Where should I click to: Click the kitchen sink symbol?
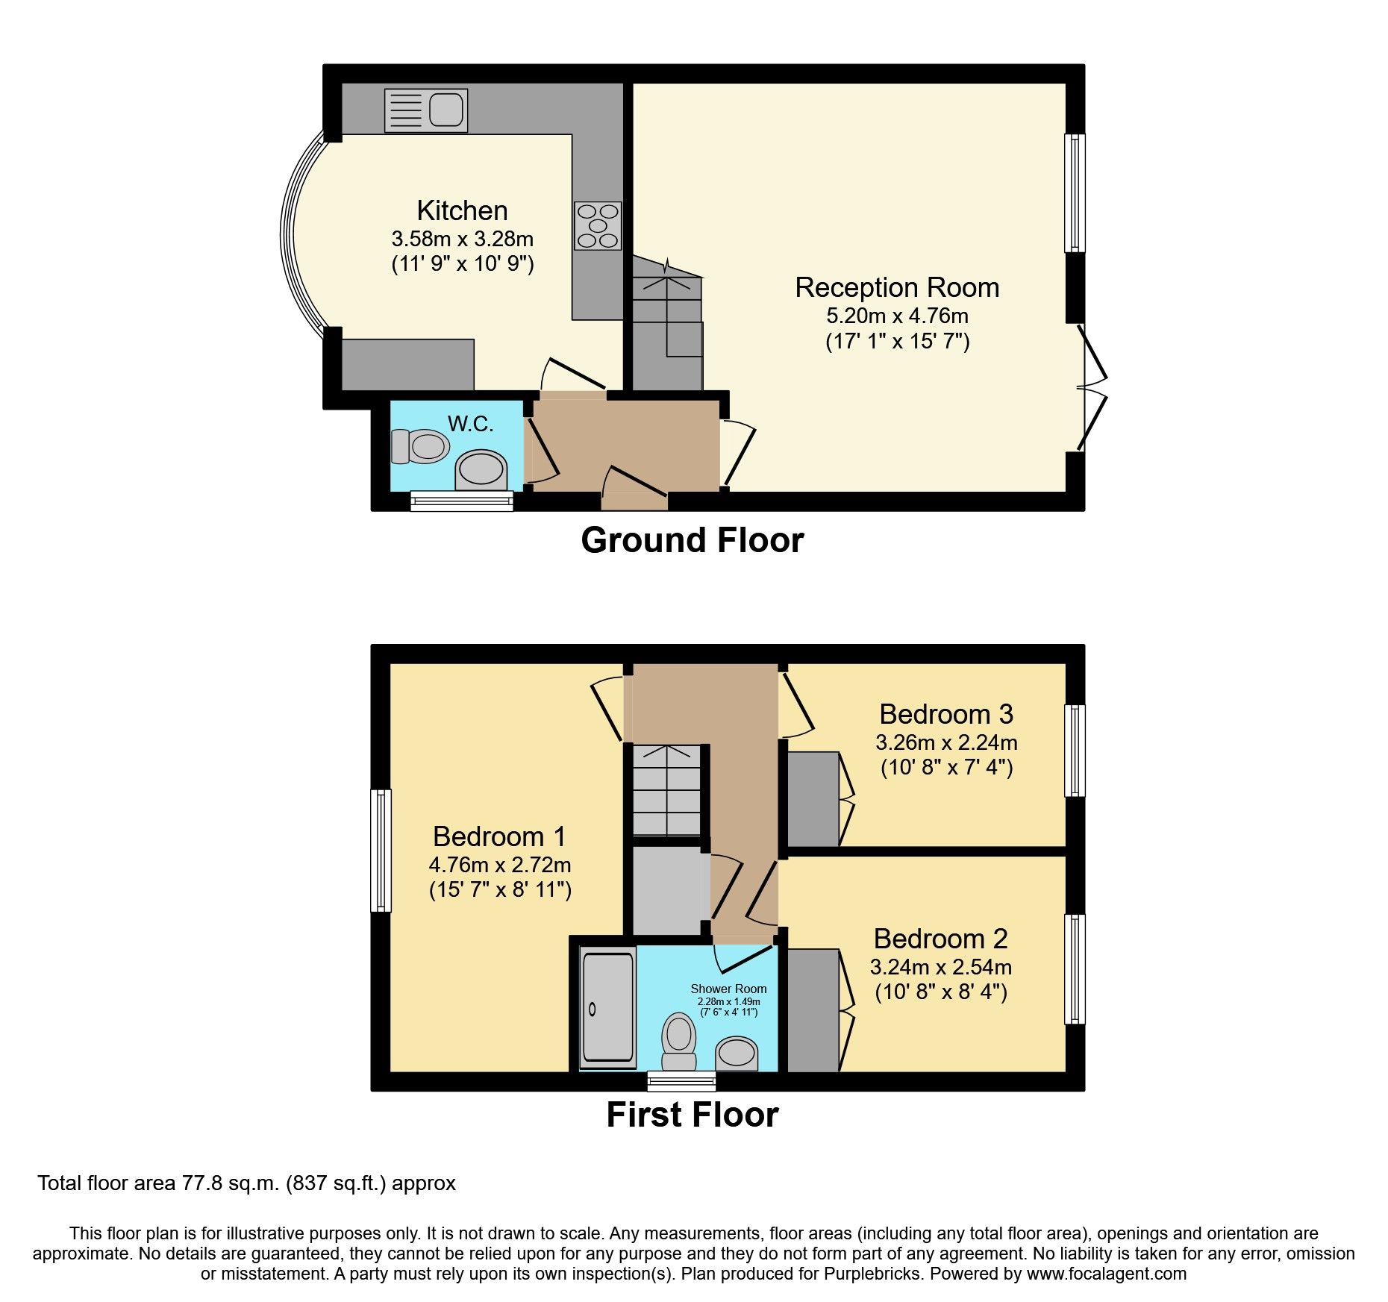tap(426, 110)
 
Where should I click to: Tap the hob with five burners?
tap(598, 225)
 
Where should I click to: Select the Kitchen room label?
tap(462, 210)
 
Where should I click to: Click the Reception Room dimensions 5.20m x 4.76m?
tap(897, 316)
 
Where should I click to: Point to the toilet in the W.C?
tap(420, 446)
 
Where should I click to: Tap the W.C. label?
tap(470, 424)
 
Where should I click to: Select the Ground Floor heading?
tap(692, 540)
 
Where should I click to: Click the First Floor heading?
tap(692, 1115)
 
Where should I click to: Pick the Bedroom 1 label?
tap(499, 836)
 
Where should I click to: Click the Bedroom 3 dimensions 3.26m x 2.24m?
tap(946, 742)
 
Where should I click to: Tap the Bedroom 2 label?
tap(940, 938)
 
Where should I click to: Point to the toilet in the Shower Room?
tap(678, 1040)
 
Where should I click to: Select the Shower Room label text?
tap(728, 989)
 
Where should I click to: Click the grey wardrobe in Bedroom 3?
tap(813, 799)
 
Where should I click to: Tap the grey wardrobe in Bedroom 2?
tap(813, 1010)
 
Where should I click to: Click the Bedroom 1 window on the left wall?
tap(381, 851)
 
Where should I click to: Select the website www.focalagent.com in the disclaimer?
tap(1106, 1274)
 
